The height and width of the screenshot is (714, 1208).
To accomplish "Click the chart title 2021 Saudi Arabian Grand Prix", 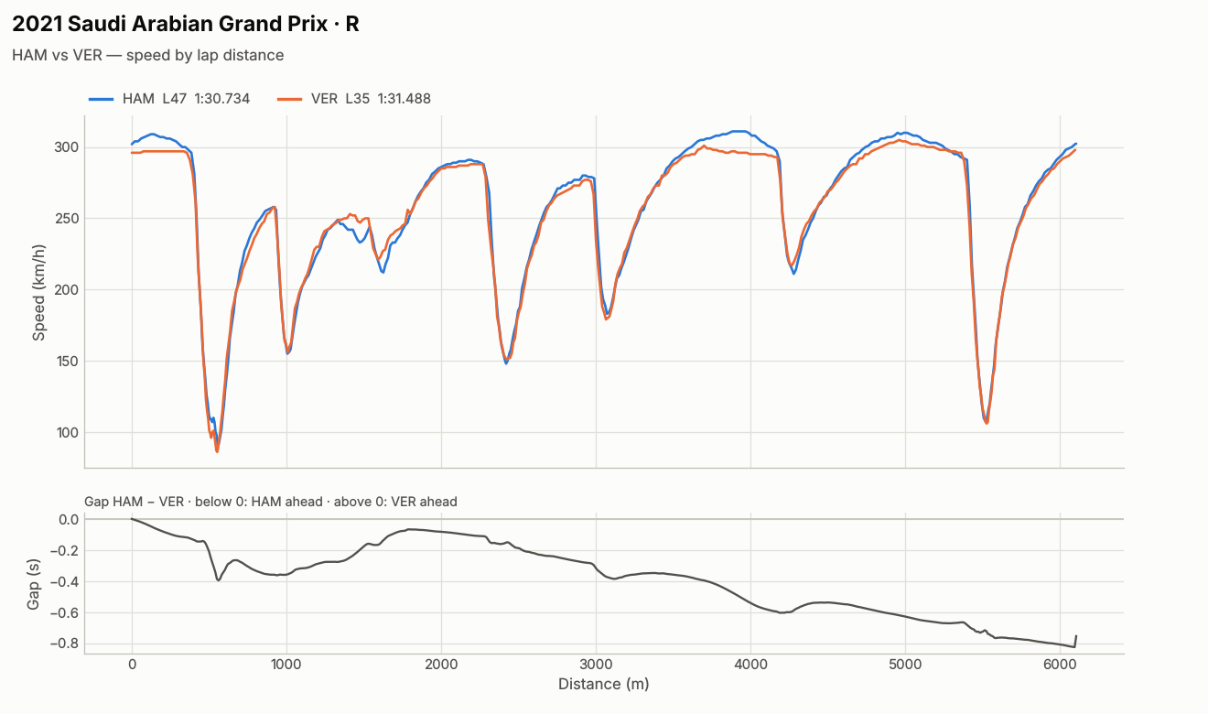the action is click(x=170, y=25).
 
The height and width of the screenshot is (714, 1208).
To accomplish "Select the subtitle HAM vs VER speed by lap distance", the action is click(x=147, y=56).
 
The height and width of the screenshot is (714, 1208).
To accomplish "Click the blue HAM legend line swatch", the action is click(x=101, y=99).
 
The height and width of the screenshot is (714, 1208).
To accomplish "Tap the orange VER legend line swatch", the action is click(x=289, y=99).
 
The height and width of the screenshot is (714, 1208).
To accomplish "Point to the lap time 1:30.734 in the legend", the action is click(x=222, y=99).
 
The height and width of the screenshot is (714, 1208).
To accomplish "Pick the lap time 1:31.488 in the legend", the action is click(x=404, y=99).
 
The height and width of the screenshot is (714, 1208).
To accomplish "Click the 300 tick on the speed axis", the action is click(x=66, y=147).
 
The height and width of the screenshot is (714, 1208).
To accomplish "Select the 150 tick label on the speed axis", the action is click(x=67, y=362).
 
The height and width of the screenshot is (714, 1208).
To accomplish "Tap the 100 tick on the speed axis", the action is click(x=67, y=432).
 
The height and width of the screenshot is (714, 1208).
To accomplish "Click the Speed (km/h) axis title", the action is click(x=38, y=292).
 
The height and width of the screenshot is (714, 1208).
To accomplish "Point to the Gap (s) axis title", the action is click(x=34, y=585).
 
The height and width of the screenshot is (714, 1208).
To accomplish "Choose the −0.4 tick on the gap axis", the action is click(x=64, y=582).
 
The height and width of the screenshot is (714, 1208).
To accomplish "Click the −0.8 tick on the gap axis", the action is click(x=64, y=644).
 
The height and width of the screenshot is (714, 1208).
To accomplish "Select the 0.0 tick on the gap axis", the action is click(x=69, y=520).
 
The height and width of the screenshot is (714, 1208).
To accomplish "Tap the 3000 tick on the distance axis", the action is click(x=596, y=665).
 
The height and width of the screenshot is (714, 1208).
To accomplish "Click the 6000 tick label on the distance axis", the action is click(x=1060, y=665).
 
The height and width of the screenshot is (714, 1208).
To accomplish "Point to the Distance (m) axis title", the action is click(x=603, y=685).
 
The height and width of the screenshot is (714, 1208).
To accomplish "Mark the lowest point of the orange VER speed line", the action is click(x=217, y=451).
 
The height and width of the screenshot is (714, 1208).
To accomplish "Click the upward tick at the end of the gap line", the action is click(x=1076, y=641).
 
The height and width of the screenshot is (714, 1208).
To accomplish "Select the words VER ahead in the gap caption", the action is click(x=424, y=502).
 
